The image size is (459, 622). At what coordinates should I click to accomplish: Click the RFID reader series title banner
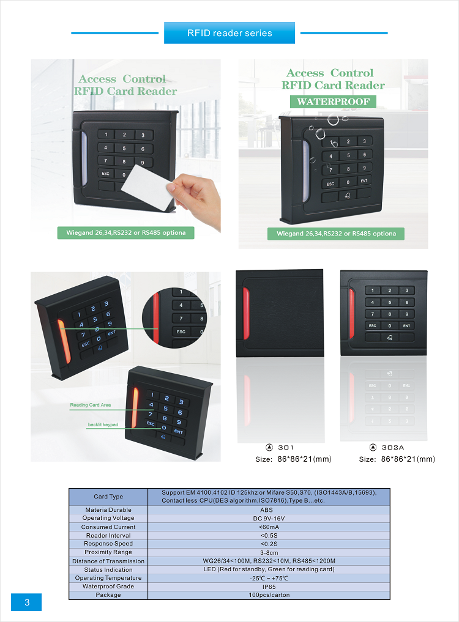(x=229, y=33)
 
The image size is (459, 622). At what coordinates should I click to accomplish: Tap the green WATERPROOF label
(x=333, y=102)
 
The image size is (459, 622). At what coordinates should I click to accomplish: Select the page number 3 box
(x=26, y=602)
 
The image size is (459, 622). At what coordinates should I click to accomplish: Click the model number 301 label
(x=285, y=448)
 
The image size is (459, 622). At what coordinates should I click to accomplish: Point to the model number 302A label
(x=393, y=448)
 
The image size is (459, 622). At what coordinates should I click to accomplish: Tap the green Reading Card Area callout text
(x=91, y=405)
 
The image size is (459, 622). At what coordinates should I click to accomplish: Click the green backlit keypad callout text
(x=103, y=424)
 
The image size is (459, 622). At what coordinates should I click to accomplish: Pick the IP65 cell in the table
(x=269, y=587)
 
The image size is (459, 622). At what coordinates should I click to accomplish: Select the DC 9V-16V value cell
(x=269, y=519)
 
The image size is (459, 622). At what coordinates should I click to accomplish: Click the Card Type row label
(x=108, y=497)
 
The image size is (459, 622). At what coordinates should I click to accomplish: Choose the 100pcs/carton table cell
(x=269, y=595)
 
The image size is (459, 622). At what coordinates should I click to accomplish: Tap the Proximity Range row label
(x=108, y=552)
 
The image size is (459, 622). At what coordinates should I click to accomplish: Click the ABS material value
(x=266, y=510)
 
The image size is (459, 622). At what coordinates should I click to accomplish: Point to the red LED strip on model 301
(x=246, y=313)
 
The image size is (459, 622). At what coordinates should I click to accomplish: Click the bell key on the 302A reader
(x=389, y=338)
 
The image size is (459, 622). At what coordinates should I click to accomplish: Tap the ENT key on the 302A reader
(x=406, y=325)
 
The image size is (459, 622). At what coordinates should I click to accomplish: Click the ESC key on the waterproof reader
(x=330, y=184)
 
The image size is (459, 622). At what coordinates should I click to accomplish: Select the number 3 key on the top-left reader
(x=143, y=135)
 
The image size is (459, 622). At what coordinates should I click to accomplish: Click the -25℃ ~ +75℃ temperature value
(x=269, y=579)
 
